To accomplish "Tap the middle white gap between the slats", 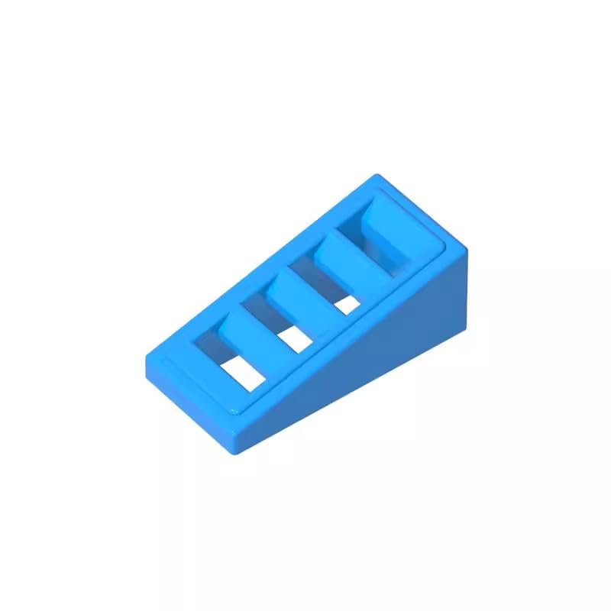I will (x=294, y=340).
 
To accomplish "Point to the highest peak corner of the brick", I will (x=374, y=177).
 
